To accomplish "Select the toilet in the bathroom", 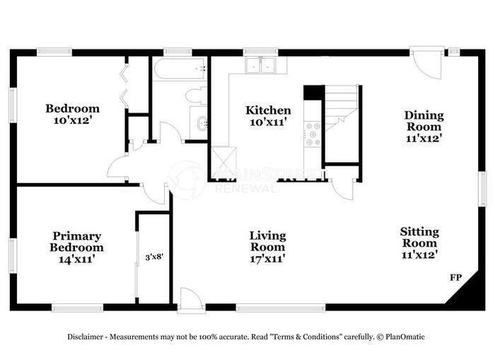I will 195,95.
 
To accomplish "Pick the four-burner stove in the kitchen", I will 313,134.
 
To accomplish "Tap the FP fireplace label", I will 456,278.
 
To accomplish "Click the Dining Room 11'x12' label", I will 424,126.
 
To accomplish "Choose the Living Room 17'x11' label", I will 267,247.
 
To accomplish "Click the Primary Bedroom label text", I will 76,242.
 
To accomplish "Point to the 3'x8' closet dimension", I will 153,257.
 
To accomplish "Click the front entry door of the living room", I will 190,301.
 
